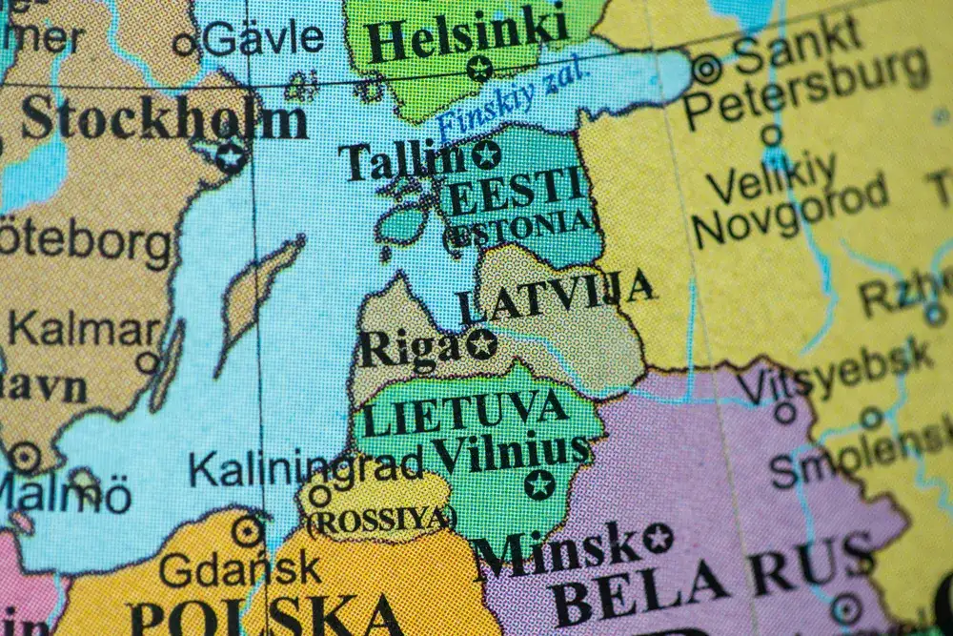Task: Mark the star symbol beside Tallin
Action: (486, 154)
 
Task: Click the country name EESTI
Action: (515, 191)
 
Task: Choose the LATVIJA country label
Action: (557, 297)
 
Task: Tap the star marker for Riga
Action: (481, 342)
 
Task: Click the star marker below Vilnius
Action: (539, 483)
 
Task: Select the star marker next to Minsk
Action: (657, 538)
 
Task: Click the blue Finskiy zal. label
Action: (515, 101)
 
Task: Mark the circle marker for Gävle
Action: (184, 43)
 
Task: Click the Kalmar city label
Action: (84, 330)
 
